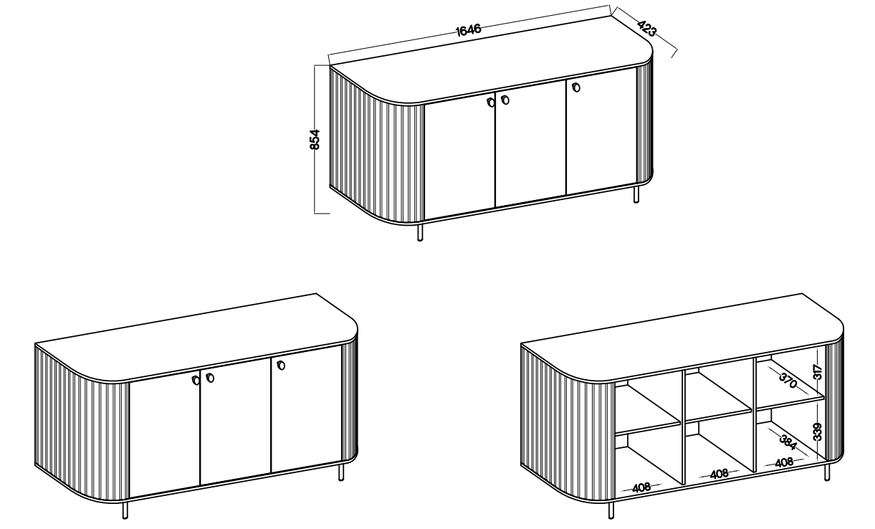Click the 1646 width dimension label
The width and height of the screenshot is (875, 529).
click(x=469, y=29)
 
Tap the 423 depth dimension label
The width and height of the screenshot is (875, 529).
click(x=647, y=28)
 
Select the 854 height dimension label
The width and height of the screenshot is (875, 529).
click(x=315, y=140)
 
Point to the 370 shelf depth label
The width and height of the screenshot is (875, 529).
click(x=788, y=381)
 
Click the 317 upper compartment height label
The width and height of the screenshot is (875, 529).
click(x=817, y=371)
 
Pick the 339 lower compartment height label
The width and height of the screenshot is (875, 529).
click(x=817, y=432)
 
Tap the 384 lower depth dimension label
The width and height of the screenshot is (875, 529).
click(x=788, y=442)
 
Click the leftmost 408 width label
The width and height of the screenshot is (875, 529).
click(x=641, y=487)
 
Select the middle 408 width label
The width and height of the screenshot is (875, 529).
click(x=719, y=475)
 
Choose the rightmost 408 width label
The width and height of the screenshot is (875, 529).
click(x=784, y=462)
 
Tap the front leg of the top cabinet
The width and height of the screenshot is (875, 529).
click(x=421, y=232)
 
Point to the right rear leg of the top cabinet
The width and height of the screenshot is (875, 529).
click(x=636, y=194)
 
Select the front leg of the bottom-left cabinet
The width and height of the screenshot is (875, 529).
click(x=125, y=510)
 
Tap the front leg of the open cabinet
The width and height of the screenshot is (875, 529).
click(x=611, y=510)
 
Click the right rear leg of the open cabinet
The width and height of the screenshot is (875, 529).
click(x=827, y=472)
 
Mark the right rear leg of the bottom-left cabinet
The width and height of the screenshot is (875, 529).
click(x=341, y=472)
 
